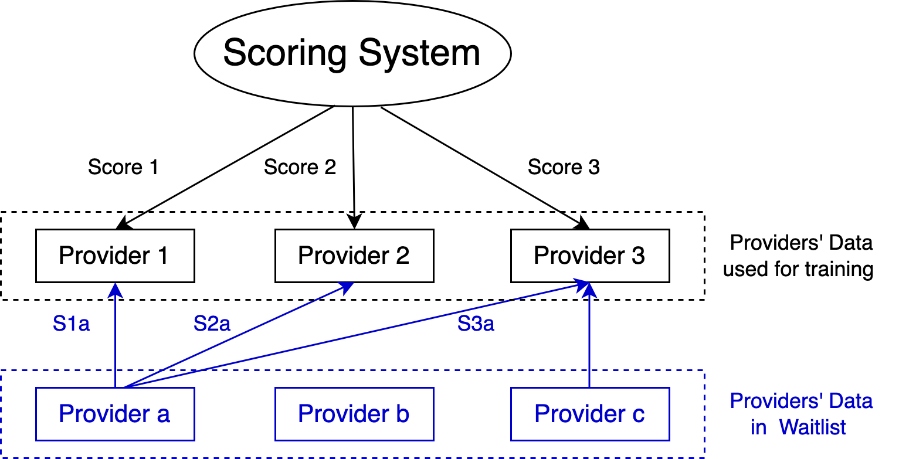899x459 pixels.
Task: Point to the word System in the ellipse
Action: (419, 53)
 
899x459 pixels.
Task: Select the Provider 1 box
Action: (115, 256)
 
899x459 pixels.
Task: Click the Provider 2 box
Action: (354, 256)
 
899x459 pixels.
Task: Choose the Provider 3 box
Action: (590, 256)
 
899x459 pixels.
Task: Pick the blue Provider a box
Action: (115, 414)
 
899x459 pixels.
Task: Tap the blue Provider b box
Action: (354, 414)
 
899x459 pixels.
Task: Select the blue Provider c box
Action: (590, 414)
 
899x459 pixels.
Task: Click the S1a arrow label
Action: (72, 324)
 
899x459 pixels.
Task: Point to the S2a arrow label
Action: (212, 324)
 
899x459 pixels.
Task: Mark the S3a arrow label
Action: (476, 324)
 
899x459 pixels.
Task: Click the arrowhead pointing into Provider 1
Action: (116, 290)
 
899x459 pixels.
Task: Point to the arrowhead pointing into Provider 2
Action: (345, 288)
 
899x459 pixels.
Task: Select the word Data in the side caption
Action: (850, 402)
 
